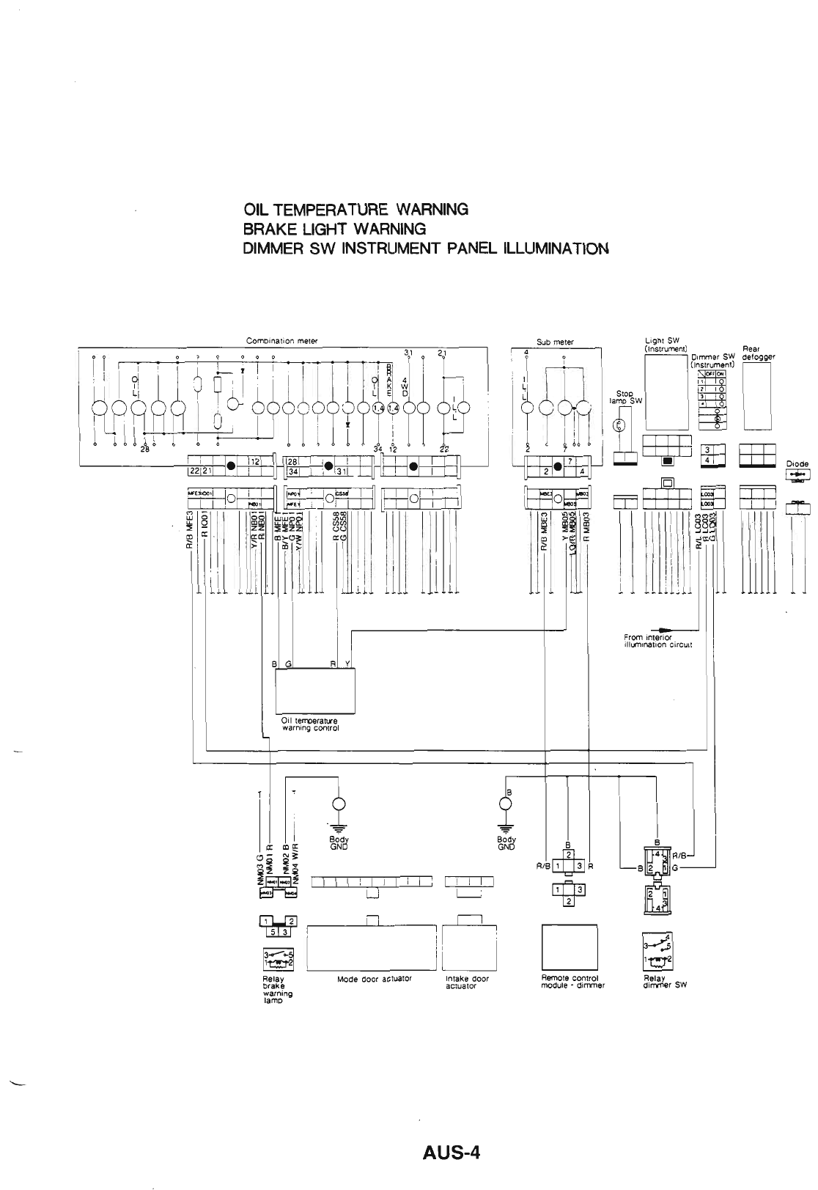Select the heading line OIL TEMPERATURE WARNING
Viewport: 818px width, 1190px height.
click(x=355, y=210)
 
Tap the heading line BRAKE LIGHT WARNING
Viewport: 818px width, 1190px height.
click(x=334, y=229)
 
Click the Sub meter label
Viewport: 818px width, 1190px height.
click(x=555, y=342)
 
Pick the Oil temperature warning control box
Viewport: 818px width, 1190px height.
click(x=315, y=690)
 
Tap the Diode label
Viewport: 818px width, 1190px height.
click(x=797, y=463)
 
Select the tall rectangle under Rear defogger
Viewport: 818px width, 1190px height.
click(x=758, y=397)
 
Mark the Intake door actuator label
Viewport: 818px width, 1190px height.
click(x=467, y=982)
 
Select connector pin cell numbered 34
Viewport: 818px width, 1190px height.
click(x=292, y=471)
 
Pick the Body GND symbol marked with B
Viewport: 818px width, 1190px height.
click(x=505, y=804)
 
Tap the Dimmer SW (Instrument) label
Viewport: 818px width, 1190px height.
click(x=712, y=360)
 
